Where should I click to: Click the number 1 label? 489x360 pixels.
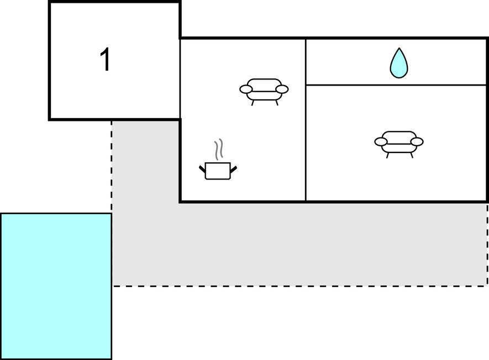click(x=105, y=60)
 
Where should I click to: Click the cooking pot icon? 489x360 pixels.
click(x=217, y=170)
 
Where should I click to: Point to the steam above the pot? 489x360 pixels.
click(x=219, y=149)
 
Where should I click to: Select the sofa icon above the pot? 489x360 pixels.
click(x=264, y=90)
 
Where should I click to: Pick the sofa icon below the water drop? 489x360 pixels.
click(x=399, y=142)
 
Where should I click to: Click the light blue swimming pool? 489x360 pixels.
click(x=56, y=286)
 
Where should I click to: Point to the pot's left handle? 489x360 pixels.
click(x=202, y=168)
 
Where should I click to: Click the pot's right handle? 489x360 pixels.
click(x=234, y=168)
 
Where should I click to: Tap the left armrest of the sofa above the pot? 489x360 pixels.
click(x=246, y=89)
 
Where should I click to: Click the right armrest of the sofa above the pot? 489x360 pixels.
click(x=282, y=89)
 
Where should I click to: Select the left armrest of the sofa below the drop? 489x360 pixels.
click(x=381, y=142)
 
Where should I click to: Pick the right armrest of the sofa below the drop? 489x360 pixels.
click(x=417, y=142)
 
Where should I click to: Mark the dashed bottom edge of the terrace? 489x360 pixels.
click(x=298, y=285)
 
